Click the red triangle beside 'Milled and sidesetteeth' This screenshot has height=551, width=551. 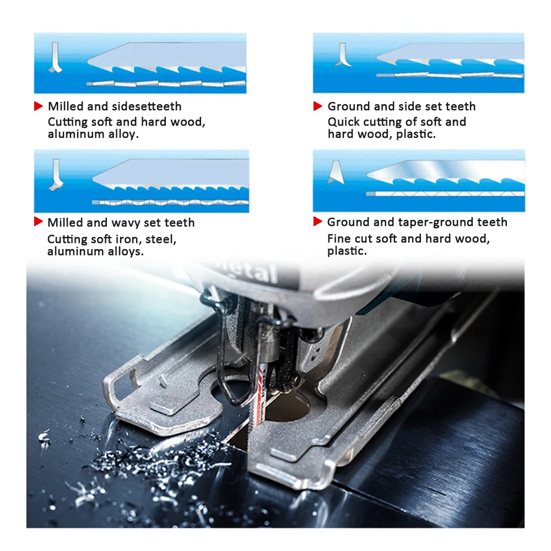[39, 106]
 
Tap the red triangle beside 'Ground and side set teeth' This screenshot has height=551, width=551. [318, 106]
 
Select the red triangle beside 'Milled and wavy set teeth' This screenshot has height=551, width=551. [39, 222]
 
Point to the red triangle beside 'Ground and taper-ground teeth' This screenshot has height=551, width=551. [318, 221]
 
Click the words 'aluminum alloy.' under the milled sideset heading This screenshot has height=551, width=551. [93, 134]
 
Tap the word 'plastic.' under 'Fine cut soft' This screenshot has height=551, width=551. [347, 251]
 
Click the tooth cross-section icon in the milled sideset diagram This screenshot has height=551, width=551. [55, 58]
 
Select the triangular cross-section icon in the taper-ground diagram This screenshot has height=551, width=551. [336, 172]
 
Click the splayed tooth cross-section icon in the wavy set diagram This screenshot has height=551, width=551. [56, 175]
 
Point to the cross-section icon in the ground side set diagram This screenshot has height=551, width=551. [343, 55]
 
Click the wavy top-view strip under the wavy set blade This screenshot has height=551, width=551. [170, 202]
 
